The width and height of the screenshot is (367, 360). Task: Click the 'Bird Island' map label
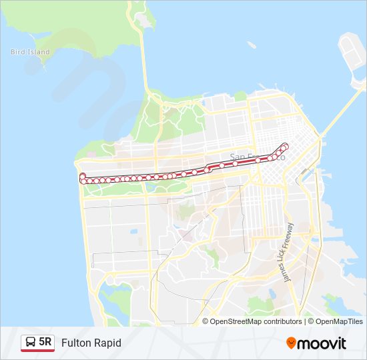[x=30, y=52]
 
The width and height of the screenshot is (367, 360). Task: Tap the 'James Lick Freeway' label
[x=290, y=253]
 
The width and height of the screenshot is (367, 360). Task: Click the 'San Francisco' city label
[x=257, y=158]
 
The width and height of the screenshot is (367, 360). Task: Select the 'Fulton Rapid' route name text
[x=91, y=343]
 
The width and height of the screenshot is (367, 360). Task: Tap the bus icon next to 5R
[x=31, y=343]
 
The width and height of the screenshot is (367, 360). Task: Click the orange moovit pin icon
[x=292, y=343]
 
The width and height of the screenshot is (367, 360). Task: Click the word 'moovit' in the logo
[x=323, y=343]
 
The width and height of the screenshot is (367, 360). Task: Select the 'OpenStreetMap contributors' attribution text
[x=256, y=321]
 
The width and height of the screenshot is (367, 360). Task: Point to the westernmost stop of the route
[x=83, y=176]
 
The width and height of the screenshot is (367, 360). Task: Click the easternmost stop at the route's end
[x=286, y=145]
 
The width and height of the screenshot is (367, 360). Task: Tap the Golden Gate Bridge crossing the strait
[x=144, y=63]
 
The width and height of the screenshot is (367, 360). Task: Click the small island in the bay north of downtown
[x=252, y=45]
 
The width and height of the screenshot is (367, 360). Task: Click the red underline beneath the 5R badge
[x=38, y=351]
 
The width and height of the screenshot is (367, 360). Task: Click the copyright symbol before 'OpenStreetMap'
[x=206, y=321]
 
